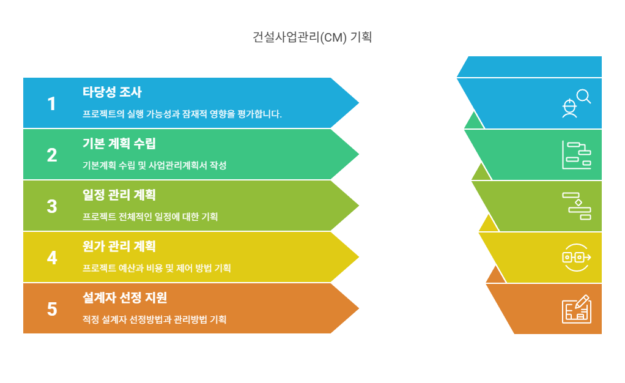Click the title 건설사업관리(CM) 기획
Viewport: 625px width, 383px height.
pos(312,37)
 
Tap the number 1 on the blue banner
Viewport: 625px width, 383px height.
pos(51,104)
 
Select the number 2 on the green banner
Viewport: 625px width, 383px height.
pos(52,155)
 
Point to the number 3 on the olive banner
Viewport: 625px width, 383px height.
pos(52,207)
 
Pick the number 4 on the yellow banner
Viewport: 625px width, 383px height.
pos(52,258)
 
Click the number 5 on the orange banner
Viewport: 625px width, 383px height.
pos(52,309)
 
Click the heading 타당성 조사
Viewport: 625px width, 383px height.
pos(112,92)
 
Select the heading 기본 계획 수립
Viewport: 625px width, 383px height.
pos(119,144)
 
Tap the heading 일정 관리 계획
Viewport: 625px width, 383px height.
pos(119,195)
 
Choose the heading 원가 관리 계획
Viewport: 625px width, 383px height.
pos(119,246)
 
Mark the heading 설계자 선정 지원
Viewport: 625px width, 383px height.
pos(124,297)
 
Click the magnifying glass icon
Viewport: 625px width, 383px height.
pos(584,96)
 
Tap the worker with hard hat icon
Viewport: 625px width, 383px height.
pos(569,108)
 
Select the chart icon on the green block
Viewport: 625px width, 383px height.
pos(576,155)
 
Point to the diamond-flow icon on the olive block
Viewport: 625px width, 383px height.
pos(577,206)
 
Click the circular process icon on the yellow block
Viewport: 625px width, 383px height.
pos(576,258)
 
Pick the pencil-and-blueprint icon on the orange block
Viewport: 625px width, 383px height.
pos(577,309)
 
